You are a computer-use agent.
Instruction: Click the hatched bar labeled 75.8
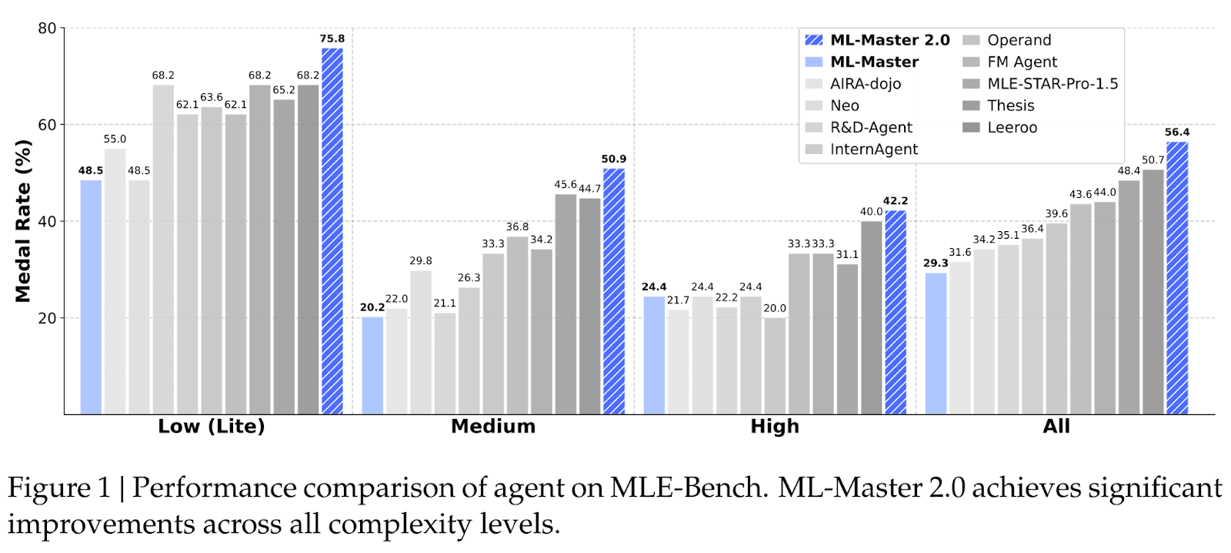(x=332, y=231)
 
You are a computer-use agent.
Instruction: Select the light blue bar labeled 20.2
(x=372, y=365)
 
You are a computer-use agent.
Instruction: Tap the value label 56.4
(x=1176, y=132)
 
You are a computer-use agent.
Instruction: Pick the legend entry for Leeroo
(x=1012, y=128)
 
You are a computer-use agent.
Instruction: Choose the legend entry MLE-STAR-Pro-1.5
(x=1052, y=84)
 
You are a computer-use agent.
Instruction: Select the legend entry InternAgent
(x=873, y=149)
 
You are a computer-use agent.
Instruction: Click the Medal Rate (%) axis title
(x=23, y=221)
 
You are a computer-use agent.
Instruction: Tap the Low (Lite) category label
(x=212, y=427)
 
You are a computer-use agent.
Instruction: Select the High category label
(x=775, y=427)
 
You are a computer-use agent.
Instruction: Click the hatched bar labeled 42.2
(x=896, y=312)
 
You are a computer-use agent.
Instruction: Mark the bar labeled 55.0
(x=115, y=281)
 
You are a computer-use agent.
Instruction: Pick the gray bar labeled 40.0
(x=871, y=317)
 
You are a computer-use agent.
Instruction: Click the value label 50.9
(x=613, y=159)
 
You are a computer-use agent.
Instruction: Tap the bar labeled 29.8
(x=421, y=342)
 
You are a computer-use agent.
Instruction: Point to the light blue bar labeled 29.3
(x=936, y=344)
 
